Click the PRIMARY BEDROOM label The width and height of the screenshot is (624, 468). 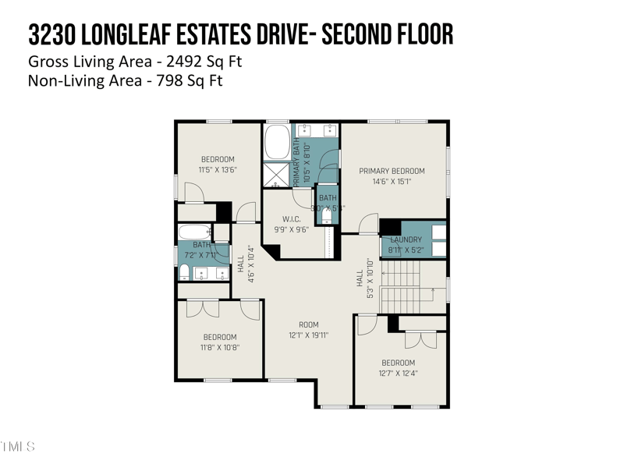click(x=392, y=171)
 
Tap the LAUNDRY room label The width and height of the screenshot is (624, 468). click(x=406, y=239)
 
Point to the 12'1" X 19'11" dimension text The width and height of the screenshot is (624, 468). click(x=309, y=335)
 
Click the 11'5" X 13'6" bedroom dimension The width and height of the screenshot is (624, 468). click(x=218, y=169)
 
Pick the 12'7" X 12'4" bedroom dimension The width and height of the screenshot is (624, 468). click(x=398, y=373)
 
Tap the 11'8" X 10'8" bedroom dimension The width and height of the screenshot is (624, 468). click(x=220, y=348)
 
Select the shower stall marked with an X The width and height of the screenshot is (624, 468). click(x=275, y=172)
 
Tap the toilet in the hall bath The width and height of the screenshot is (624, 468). click(x=184, y=272)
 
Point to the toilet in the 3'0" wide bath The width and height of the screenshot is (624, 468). click(x=327, y=218)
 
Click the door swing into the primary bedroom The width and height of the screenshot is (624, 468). click(x=367, y=225)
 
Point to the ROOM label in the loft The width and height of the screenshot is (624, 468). click(x=309, y=324)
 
